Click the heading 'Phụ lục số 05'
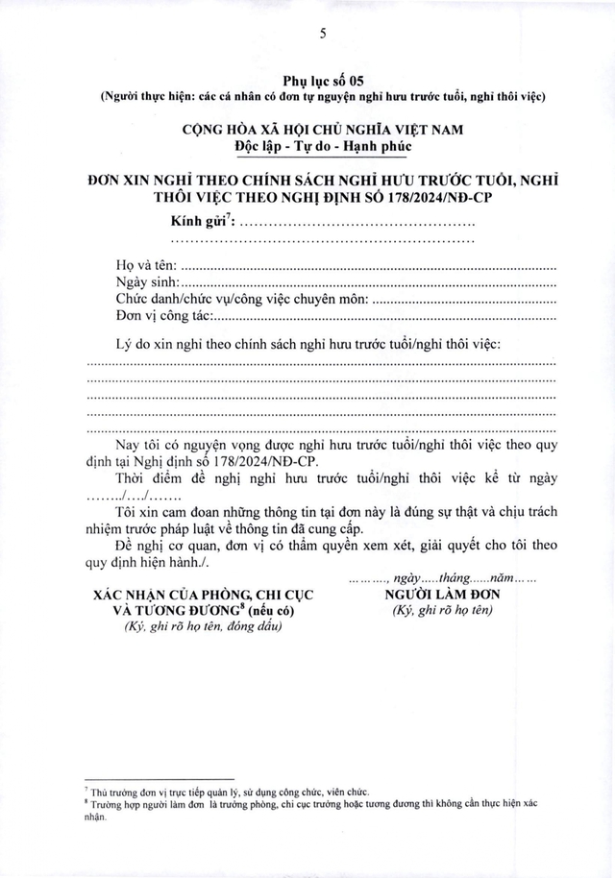[324, 78]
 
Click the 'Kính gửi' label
[200, 223]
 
